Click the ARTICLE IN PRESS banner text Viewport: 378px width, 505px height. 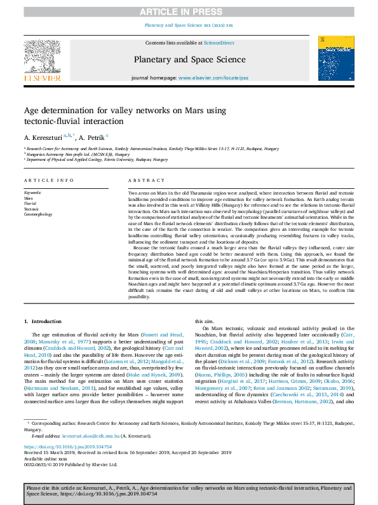189,11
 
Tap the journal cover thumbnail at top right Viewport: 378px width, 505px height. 336,58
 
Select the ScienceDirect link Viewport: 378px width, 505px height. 218,43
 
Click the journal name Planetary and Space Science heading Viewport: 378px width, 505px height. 189,60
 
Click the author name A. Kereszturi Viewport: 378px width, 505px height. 43,137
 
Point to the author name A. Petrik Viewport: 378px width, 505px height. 91,137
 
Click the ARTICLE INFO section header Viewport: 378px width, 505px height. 49,181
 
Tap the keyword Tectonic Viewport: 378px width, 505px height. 31,209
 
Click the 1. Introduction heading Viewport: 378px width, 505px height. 43,321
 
